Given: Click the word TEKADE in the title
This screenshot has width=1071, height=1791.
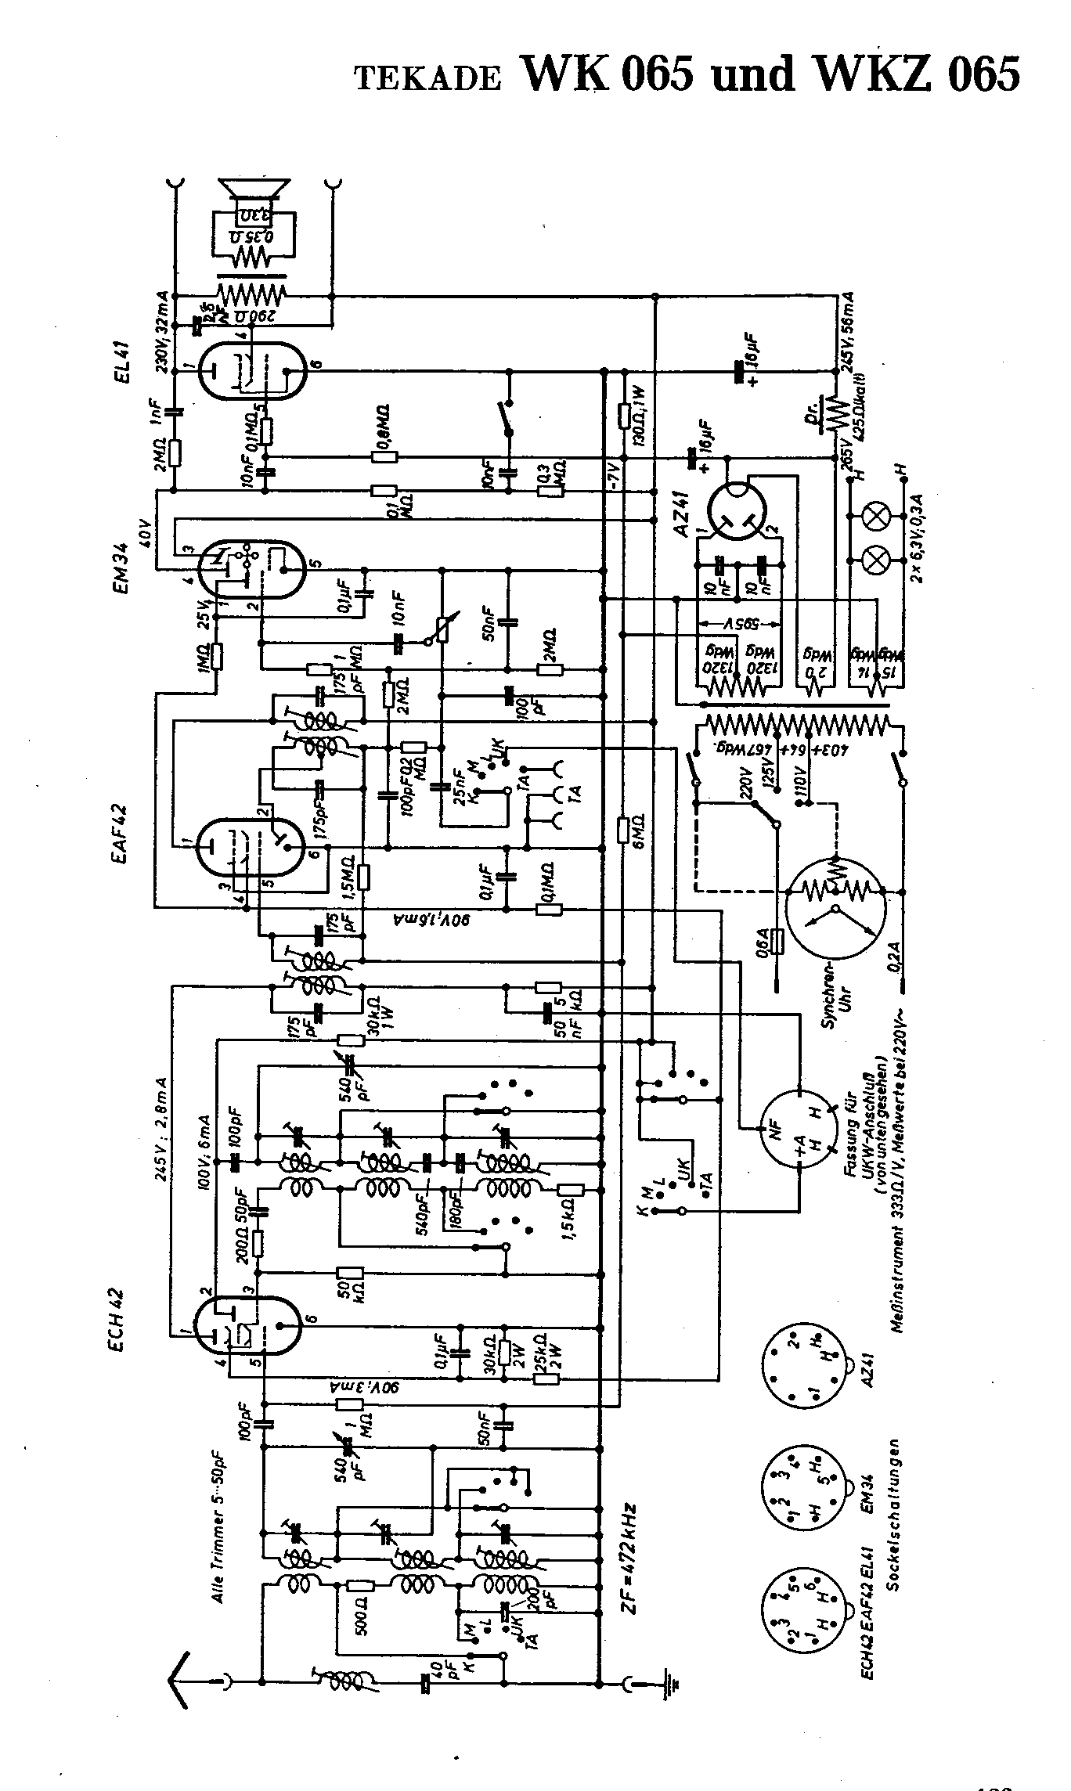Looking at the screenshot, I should click(427, 78).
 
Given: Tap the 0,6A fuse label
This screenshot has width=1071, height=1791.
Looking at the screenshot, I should click(763, 939).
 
